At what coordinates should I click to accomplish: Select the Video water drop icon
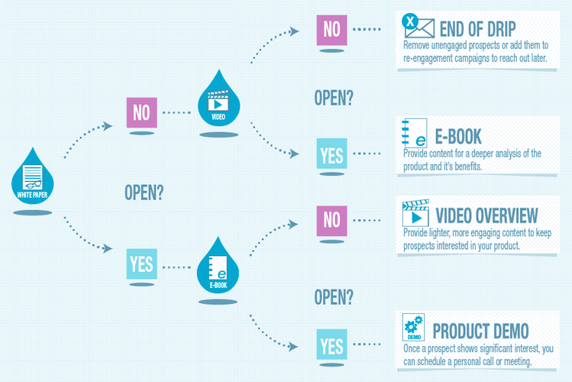(219, 101)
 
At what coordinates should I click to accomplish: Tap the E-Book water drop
(218, 268)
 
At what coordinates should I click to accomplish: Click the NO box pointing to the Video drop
(142, 112)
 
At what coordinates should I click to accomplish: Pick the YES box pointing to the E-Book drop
(142, 264)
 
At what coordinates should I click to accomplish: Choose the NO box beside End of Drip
(331, 30)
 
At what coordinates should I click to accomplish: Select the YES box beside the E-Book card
(331, 154)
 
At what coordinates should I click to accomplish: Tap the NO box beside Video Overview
(331, 221)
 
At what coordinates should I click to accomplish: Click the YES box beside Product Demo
(331, 345)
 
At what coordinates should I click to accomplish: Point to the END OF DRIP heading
(477, 29)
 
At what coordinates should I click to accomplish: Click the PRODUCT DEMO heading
(480, 332)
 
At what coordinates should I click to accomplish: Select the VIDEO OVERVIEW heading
(486, 215)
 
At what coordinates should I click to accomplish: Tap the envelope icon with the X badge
(418, 25)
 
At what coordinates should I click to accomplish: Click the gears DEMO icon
(413, 327)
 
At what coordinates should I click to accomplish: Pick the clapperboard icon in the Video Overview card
(415, 212)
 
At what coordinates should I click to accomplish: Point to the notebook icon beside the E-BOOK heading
(414, 133)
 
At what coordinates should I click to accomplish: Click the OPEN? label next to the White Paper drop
(144, 193)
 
